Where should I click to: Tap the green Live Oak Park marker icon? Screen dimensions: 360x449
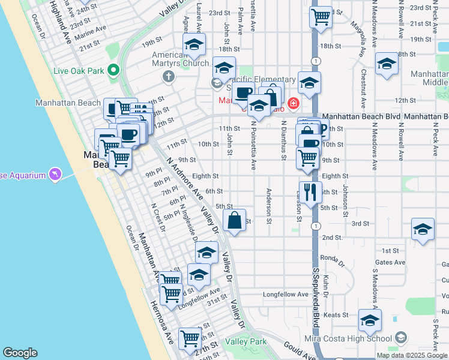point(113,71)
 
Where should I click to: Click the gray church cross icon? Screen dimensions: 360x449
point(168,77)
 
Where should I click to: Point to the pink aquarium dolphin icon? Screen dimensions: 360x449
point(55,175)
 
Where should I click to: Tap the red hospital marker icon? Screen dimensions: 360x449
point(293,103)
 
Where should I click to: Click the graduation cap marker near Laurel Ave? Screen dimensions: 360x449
point(194,46)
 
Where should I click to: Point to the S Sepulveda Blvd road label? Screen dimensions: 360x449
point(315,300)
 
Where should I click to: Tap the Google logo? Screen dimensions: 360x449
point(19,353)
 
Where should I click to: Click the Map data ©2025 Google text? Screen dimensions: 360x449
point(411,355)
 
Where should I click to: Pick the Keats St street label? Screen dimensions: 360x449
point(336,315)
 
